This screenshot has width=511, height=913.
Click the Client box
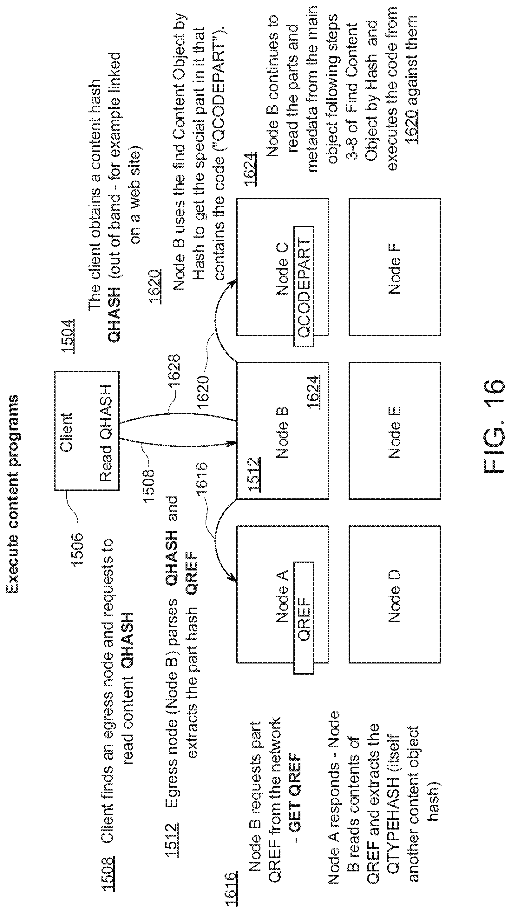[87, 430]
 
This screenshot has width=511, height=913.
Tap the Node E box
[395, 430]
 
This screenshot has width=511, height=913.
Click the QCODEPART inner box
[304, 286]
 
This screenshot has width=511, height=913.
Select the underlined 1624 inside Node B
[314, 392]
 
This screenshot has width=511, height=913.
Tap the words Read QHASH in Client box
[106, 433]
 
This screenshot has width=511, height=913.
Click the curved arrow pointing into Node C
[216, 319]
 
